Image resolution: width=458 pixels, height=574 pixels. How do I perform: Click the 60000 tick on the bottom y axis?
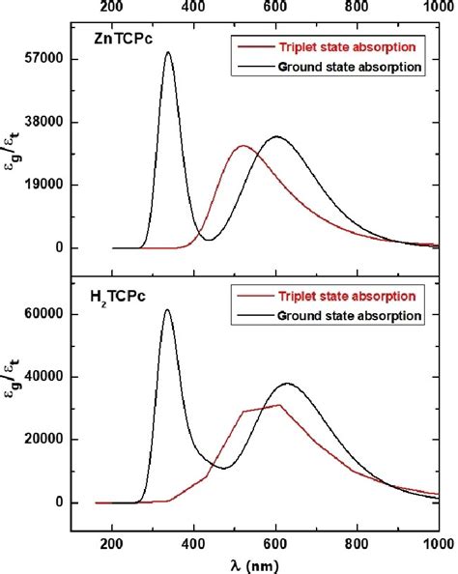(x=43, y=314)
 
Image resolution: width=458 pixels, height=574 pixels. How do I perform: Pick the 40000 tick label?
(x=43, y=377)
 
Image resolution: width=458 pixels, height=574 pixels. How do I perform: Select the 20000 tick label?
(x=43, y=440)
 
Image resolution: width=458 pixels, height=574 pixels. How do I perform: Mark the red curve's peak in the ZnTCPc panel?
(x=242, y=146)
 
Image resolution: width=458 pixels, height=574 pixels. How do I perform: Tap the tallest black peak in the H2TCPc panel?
(x=168, y=310)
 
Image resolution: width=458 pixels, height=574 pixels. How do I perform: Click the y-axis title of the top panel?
(x=14, y=152)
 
